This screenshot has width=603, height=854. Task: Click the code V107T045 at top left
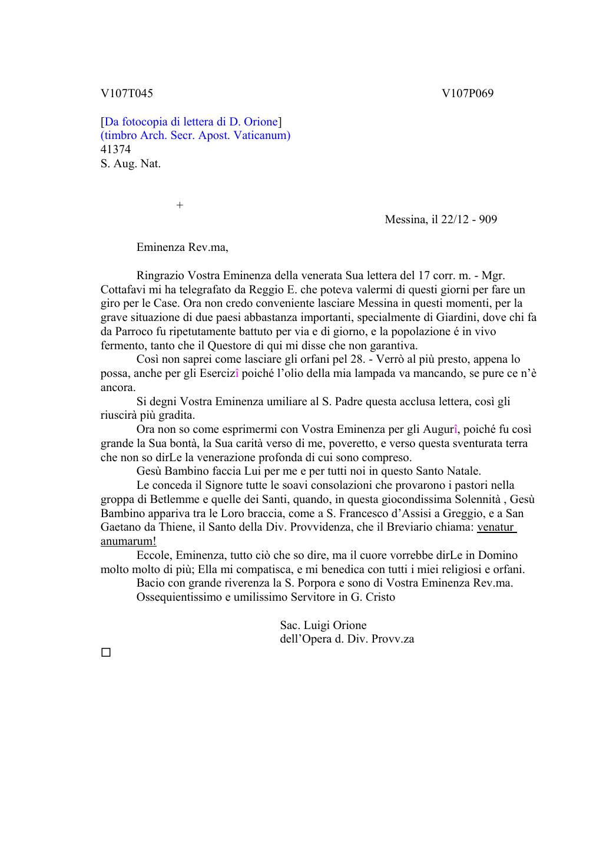(127, 94)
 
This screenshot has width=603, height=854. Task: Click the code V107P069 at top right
(468, 94)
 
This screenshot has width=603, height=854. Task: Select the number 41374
(115, 150)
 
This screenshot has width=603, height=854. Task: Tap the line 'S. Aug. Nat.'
(130, 164)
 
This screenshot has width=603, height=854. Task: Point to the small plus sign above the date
(180, 205)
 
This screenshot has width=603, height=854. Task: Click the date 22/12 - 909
(469, 220)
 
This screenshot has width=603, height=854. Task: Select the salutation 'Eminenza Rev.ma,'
(182, 247)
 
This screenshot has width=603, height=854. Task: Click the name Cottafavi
(125, 290)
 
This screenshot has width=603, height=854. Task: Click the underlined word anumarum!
(128, 541)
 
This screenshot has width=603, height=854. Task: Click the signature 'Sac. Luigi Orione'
(323, 625)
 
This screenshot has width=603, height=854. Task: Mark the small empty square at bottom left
(106, 653)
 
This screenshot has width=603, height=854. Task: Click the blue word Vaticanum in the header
(263, 135)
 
